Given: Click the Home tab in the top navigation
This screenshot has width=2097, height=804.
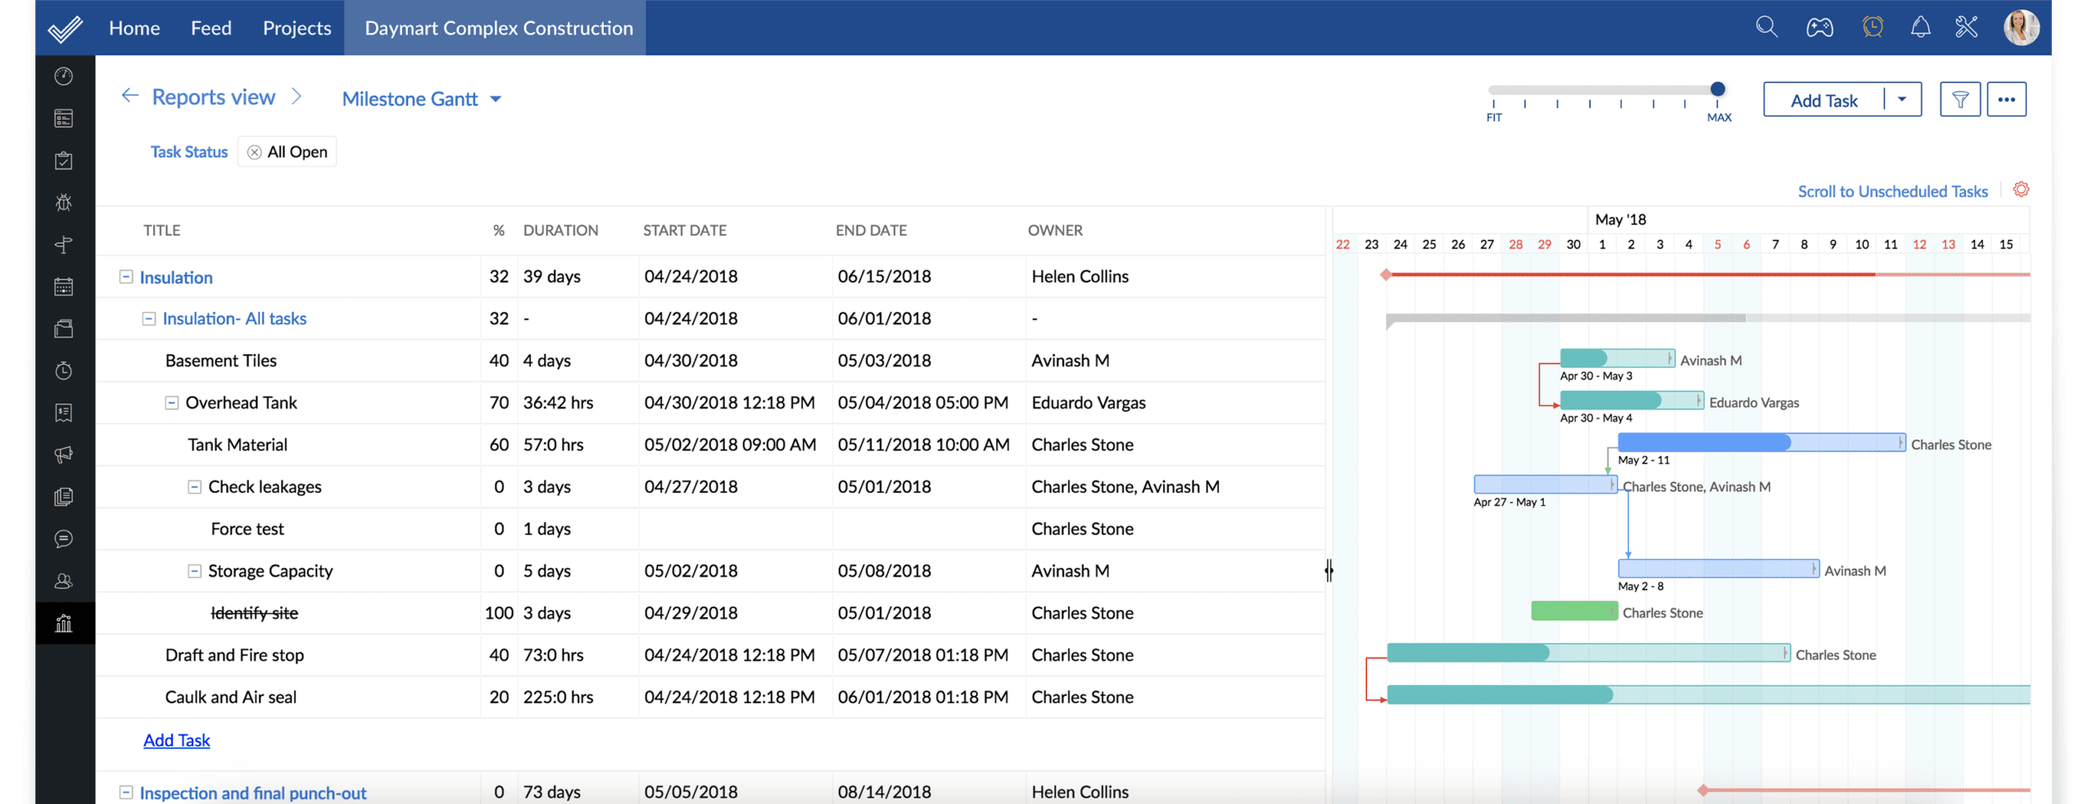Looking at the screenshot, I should [134, 28].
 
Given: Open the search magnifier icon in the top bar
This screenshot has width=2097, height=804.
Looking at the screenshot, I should [1766, 28].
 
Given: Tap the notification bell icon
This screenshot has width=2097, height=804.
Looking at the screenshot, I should [1920, 28].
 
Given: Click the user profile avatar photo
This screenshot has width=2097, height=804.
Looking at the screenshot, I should [2021, 28].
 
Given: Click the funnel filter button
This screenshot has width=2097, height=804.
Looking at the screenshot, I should [1959, 100].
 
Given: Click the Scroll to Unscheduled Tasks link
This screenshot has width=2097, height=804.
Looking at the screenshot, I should [1892, 192].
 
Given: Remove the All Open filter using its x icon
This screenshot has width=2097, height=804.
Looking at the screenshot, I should [255, 152].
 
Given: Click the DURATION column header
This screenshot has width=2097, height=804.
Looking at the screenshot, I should [560, 231].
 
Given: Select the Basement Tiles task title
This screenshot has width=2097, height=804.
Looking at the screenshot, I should [220, 361].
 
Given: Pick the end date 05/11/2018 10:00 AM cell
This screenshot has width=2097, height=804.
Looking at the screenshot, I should [923, 445].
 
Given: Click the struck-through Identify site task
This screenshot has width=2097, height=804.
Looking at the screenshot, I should [254, 613].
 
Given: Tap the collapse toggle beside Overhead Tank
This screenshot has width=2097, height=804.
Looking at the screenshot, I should [172, 403].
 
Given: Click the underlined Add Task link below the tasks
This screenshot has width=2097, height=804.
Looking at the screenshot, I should [177, 740].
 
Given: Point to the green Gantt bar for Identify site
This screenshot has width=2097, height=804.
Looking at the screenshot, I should [1574, 611].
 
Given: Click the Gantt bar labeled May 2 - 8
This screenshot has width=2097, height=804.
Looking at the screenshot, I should [1718, 568].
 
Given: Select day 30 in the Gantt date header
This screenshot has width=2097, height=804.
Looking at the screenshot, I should [1573, 245].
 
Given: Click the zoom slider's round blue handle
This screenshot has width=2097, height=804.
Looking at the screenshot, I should [1718, 89].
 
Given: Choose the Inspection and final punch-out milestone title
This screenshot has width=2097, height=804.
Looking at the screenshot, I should [252, 793].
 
